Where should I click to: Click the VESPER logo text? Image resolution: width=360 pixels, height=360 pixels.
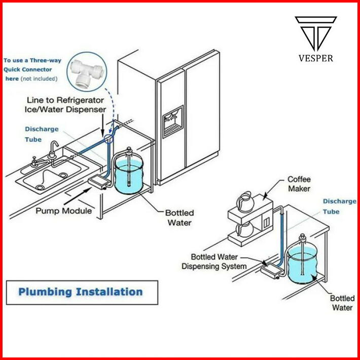[x=316, y=58]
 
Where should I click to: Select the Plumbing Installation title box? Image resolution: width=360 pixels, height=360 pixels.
[x=81, y=292]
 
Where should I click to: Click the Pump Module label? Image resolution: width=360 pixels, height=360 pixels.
[x=63, y=210]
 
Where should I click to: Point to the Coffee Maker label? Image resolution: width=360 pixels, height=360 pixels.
[x=299, y=184]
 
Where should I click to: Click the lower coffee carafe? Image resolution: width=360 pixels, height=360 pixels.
[x=245, y=230]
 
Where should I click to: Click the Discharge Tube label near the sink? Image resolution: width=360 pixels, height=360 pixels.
[x=42, y=134]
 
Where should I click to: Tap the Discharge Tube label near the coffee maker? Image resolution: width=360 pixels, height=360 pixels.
[x=339, y=206]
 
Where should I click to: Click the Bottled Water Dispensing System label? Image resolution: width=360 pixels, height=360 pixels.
[x=214, y=262]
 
